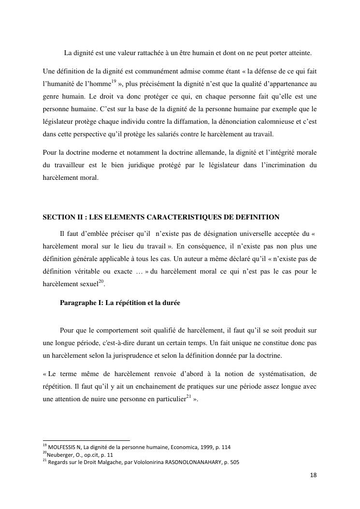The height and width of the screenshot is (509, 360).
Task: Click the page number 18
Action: (x=313, y=475)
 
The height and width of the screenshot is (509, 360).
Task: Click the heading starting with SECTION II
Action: (x=161, y=217)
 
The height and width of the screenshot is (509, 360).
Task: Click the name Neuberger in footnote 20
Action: (x=60, y=454)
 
